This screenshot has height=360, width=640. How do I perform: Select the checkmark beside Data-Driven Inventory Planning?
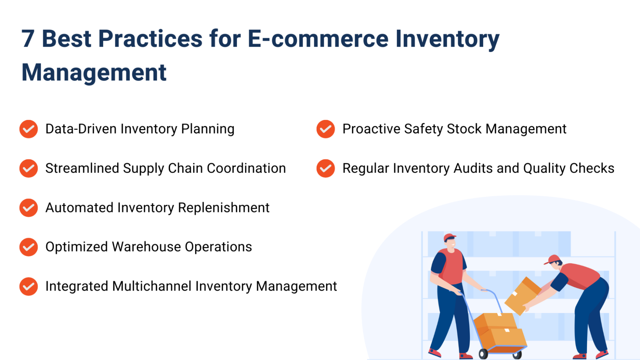click(28, 129)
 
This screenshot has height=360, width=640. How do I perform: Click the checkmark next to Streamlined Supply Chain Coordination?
click(28, 168)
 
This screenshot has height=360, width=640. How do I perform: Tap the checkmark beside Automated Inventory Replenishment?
click(28, 208)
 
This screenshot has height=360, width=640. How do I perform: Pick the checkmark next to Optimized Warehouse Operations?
click(28, 247)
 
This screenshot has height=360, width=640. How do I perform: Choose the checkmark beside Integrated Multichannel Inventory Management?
click(28, 286)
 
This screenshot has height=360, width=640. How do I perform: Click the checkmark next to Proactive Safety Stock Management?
click(326, 129)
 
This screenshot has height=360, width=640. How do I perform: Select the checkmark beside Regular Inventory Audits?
click(326, 168)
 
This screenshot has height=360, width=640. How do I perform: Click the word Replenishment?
click(223, 208)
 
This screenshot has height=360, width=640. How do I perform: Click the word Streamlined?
click(82, 168)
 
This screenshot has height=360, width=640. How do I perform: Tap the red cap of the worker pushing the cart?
click(449, 237)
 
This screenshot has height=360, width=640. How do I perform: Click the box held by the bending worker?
click(523, 296)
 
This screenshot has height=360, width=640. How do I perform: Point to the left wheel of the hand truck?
click(483, 354)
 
